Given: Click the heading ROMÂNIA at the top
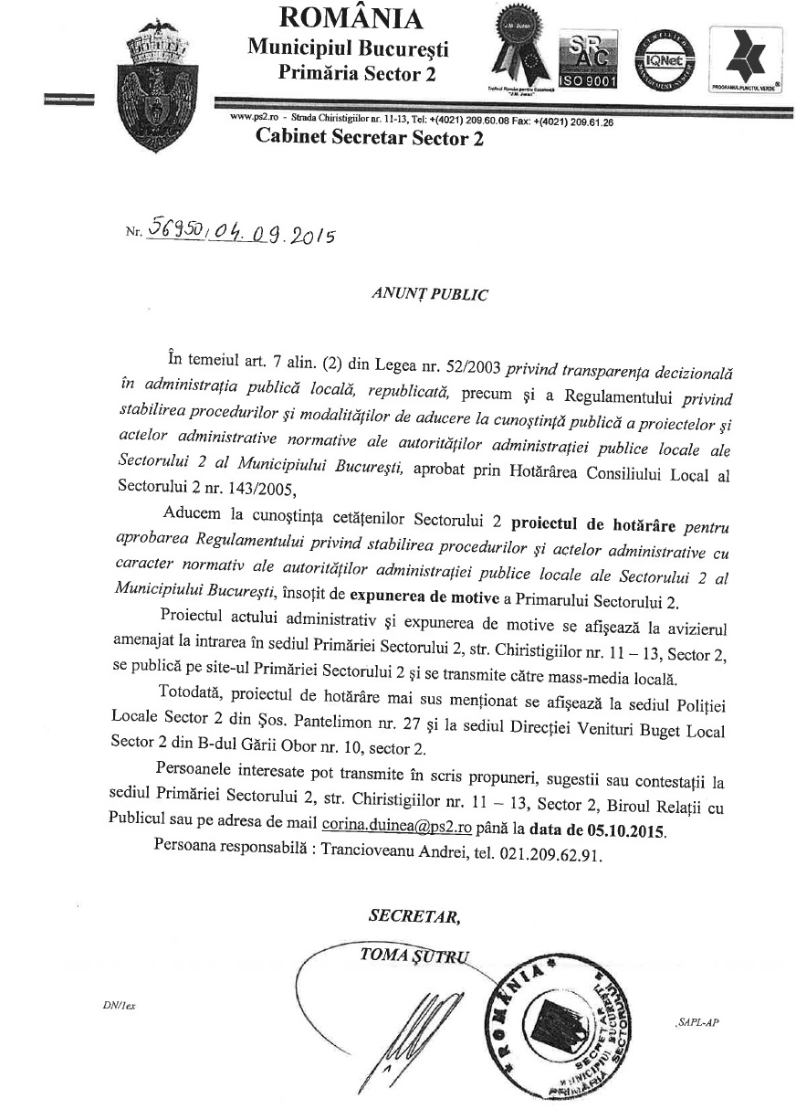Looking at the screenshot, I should pos(351,17).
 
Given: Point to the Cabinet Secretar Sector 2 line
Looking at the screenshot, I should pos(370,138).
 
